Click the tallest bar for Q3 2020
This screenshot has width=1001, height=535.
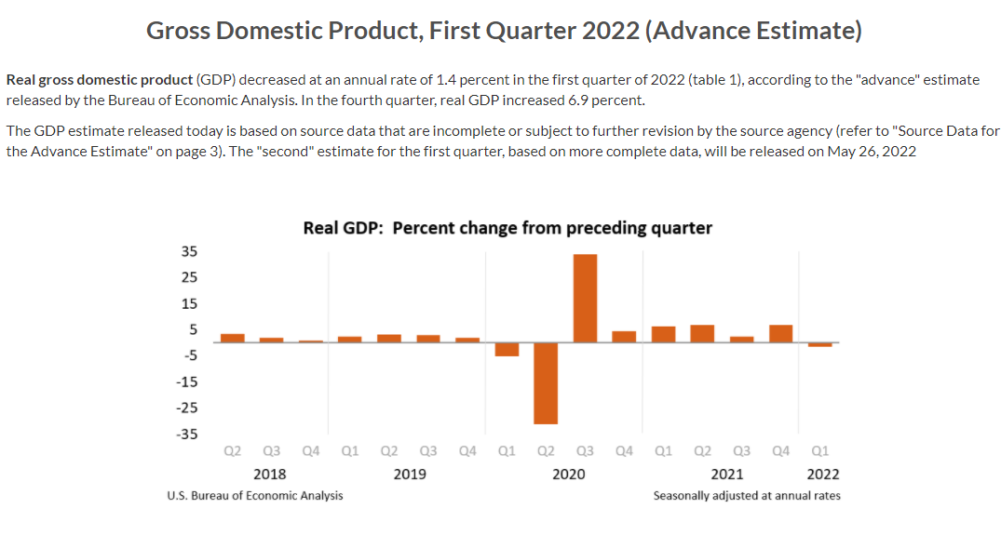pyautogui.click(x=585, y=298)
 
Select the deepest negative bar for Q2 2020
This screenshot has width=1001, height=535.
pyautogui.click(x=546, y=383)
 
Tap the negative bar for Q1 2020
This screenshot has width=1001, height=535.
pyautogui.click(x=507, y=350)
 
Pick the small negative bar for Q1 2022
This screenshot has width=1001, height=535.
pyautogui.click(x=820, y=345)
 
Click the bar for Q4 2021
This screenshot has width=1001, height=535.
pyautogui.click(x=781, y=333)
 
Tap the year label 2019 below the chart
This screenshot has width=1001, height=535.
pyautogui.click(x=410, y=474)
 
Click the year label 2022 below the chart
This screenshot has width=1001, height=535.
pyautogui.click(x=822, y=474)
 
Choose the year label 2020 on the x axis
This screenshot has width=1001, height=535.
pyautogui.click(x=568, y=474)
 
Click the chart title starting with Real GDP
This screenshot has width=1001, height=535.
pyautogui.click(x=507, y=228)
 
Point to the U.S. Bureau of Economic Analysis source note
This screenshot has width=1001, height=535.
pyautogui.click(x=254, y=496)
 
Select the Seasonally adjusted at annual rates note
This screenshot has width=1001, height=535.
pyautogui.click(x=747, y=496)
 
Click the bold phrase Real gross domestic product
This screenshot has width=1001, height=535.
pyautogui.click(x=100, y=80)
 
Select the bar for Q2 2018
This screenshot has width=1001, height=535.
pyautogui.click(x=233, y=338)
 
